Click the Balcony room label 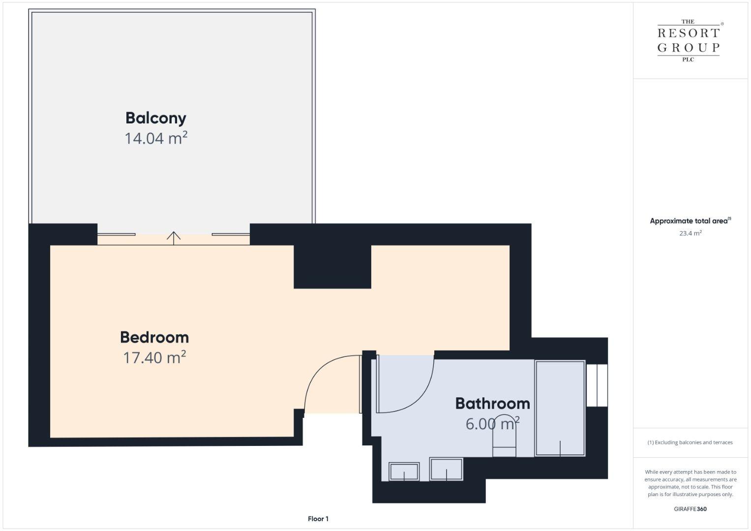tap(156, 118)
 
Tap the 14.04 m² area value tap(156, 138)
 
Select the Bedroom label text tap(154, 337)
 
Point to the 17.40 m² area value tap(154, 357)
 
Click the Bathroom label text tap(492, 404)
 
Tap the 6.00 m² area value tap(492, 424)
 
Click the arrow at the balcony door tap(174, 238)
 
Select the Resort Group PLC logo tap(689, 40)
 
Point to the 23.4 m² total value tap(691, 233)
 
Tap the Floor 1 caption tap(318, 519)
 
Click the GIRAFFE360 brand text tap(691, 509)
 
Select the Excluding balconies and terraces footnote tap(690, 442)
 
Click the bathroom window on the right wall tap(597, 385)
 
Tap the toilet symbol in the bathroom tap(504, 436)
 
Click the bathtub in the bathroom tap(560, 408)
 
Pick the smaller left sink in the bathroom tap(404, 472)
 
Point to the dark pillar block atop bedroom tap(332, 267)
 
